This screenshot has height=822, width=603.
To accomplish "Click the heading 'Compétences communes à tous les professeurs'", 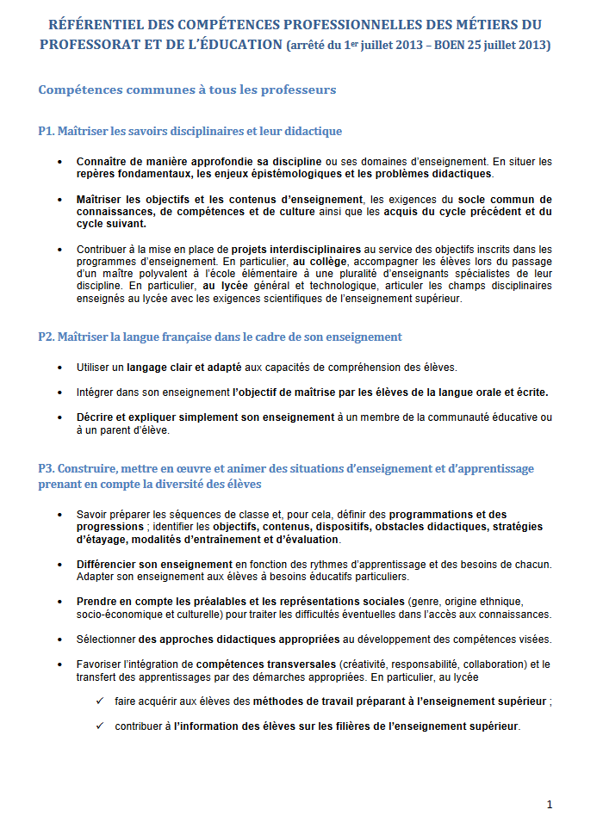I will point(187,90).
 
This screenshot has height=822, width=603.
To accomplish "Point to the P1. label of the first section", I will point(47,131).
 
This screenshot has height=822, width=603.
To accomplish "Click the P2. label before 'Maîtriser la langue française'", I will point(47,337).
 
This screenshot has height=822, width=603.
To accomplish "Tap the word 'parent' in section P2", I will point(115,430).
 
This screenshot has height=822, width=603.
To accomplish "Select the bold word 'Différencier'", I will point(108,564).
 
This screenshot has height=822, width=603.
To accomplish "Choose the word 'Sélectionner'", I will point(106,639).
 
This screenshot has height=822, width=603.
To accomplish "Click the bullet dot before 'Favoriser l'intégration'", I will point(59,664).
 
